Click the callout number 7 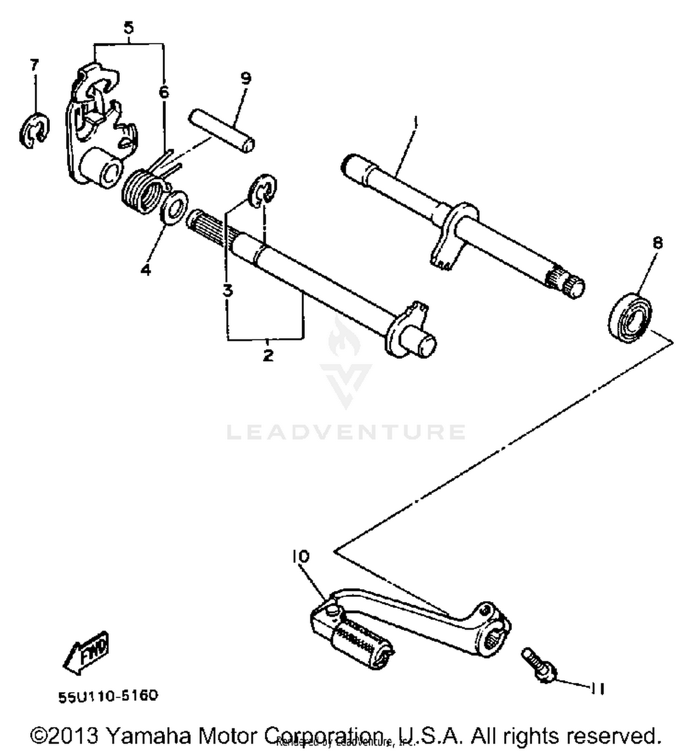click(34, 65)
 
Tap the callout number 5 click(128, 28)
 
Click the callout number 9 click(246, 78)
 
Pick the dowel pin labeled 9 click(221, 130)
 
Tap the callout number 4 click(146, 269)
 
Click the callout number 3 click(227, 291)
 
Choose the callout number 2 click(267, 355)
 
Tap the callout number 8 click(657, 243)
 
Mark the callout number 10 click(300, 557)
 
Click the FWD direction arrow click(86, 652)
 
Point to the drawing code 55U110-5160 click(108, 696)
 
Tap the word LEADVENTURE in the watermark click(346, 432)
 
